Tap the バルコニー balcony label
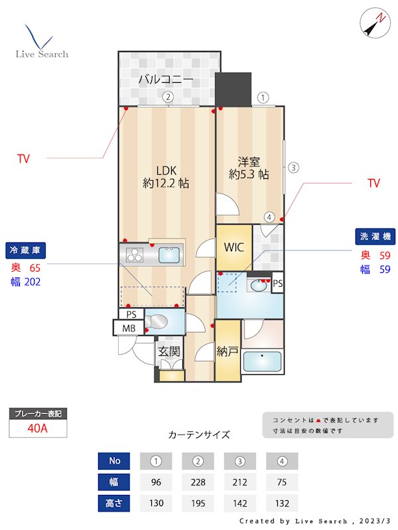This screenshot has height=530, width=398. (166, 80)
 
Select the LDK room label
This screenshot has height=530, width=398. (166, 176)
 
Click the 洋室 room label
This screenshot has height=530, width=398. (249, 168)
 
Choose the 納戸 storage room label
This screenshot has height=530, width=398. (228, 352)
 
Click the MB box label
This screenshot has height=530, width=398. (127, 327)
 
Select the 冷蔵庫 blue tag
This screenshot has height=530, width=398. (26, 250)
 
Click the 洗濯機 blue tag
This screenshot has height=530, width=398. (373, 237)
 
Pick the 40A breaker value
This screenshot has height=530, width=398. (38, 428)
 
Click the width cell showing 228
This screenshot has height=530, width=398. (197, 482)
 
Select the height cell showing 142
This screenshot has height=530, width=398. (239, 503)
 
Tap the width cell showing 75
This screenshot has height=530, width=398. (282, 482)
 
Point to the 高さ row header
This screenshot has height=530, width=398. (113, 503)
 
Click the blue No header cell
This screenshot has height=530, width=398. (113, 460)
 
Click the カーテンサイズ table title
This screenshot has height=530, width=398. (199, 435)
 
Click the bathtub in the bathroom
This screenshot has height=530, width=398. (262, 362)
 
